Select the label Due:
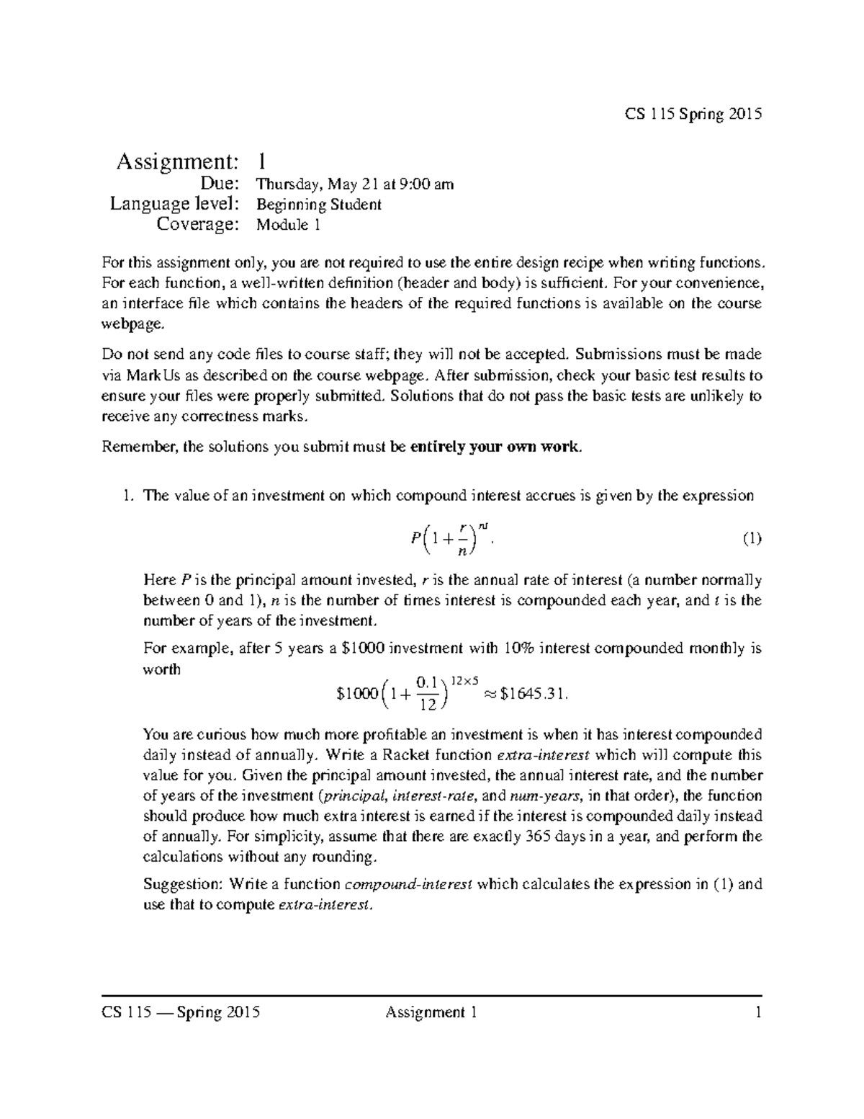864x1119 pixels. [219, 184]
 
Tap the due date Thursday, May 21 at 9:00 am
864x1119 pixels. [355, 184]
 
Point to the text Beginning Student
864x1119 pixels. [319, 205]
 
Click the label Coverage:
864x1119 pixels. [197, 225]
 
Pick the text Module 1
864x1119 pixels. [288, 225]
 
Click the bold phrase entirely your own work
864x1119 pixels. [494, 447]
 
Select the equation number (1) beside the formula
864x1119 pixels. [752, 539]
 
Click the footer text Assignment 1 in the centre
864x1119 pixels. [431, 1013]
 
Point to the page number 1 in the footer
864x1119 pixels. [757, 1013]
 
